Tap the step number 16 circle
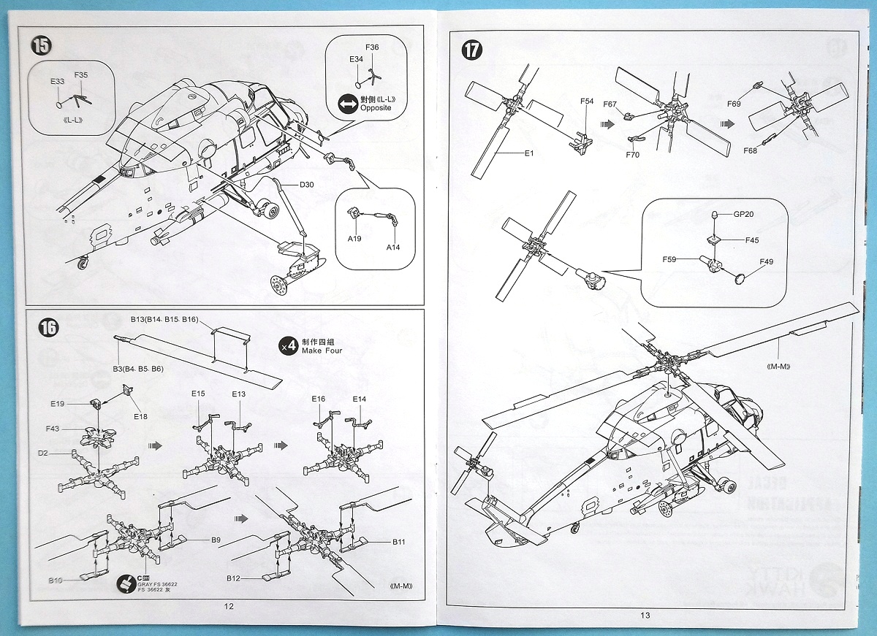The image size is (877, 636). [x=48, y=328]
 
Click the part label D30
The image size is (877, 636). [x=306, y=185]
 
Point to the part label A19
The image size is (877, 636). [x=355, y=239]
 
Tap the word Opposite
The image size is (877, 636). [x=376, y=107]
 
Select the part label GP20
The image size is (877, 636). [x=743, y=214]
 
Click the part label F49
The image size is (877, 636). [x=767, y=261]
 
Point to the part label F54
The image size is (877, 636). [x=587, y=101]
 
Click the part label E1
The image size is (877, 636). [x=529, y=153]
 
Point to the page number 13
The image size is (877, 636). [x=644, y=616]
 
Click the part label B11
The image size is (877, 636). [x=398, y=542]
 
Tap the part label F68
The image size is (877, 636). [x=750, y=150]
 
